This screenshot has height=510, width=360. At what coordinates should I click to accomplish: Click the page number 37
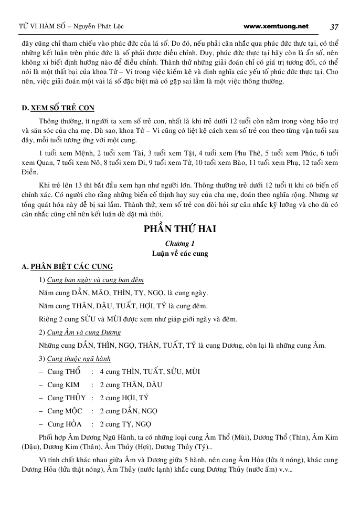pos(334,26)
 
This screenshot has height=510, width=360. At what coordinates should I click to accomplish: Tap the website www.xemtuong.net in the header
pos(277,26)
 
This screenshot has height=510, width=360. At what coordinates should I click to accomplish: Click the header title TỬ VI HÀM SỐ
pos(40,26)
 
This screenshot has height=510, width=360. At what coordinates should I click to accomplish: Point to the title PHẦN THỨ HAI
pos(179,230)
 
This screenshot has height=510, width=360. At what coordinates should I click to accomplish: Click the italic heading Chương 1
pos(179,243)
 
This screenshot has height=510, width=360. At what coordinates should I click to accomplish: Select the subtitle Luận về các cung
pos(179,253)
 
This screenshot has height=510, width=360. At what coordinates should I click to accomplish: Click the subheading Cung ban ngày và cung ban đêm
pos(95,280)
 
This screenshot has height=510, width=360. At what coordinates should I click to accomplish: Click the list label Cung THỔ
pos(64,372)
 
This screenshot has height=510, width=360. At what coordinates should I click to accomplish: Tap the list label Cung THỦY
pos(66,398)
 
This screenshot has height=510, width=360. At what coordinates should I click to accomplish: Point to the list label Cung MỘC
pos(65,411)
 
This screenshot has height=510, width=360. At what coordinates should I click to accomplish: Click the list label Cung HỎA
pos(65,424)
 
